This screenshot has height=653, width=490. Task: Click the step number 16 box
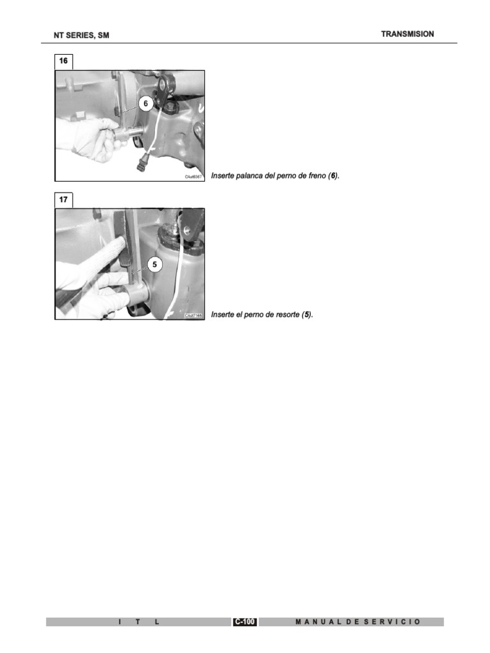[63, 61]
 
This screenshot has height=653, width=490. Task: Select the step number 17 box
[63, 200]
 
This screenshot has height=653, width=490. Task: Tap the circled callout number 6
[145, 104]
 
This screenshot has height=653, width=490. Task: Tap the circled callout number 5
[154, 263]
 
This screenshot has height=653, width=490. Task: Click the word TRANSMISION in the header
[407, 34]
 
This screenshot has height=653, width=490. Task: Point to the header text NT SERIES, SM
[81, 36]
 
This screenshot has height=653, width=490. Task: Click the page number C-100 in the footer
[245, 622]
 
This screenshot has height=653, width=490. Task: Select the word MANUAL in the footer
[318, 622]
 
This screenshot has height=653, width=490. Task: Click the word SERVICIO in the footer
[392, 622]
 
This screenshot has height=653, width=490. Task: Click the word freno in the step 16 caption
[315, 175]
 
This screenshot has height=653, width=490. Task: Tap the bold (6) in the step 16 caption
[332, 175]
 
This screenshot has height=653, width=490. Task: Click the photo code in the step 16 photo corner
[193, 177]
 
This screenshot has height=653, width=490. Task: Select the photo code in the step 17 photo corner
[193, 316]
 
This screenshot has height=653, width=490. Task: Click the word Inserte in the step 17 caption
[223, 314]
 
